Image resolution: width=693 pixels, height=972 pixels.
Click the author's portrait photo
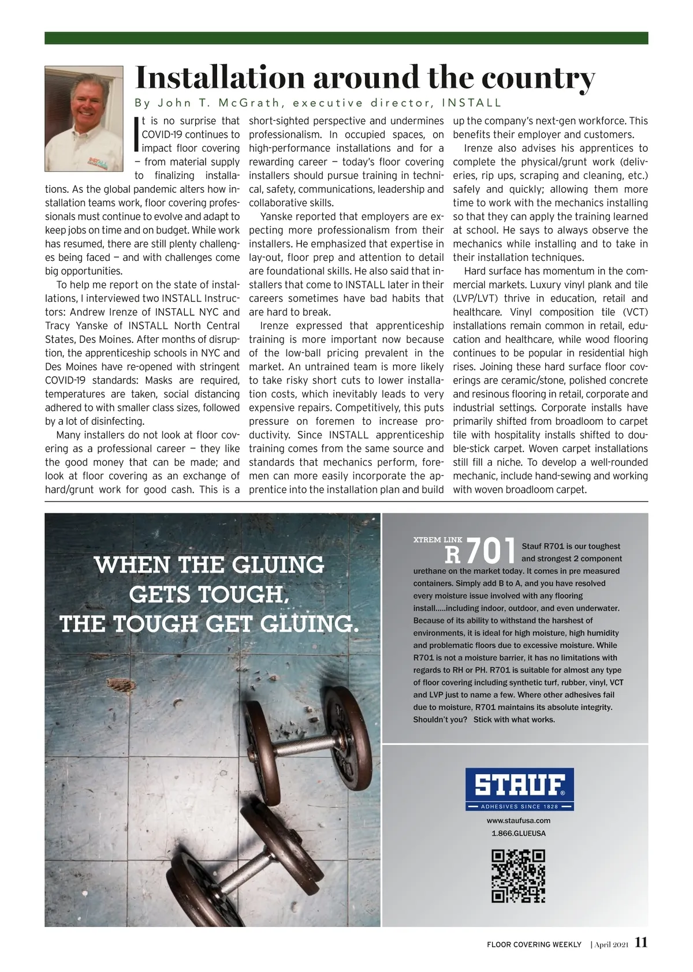coord(84,118)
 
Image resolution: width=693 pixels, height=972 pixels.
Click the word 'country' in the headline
coord(538,78)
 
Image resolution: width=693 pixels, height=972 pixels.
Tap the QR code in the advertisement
coord(518,876)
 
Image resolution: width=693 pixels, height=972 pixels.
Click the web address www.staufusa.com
coord(518,820)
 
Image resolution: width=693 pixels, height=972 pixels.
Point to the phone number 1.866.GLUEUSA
coord(518,833)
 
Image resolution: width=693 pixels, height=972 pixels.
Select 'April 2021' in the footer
coord(611,944)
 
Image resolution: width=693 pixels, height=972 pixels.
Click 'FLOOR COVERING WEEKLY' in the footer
coord(534,944)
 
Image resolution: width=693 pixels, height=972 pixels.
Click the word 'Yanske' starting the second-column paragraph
coord(279,216)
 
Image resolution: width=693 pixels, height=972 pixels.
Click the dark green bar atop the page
coord(346,38)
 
